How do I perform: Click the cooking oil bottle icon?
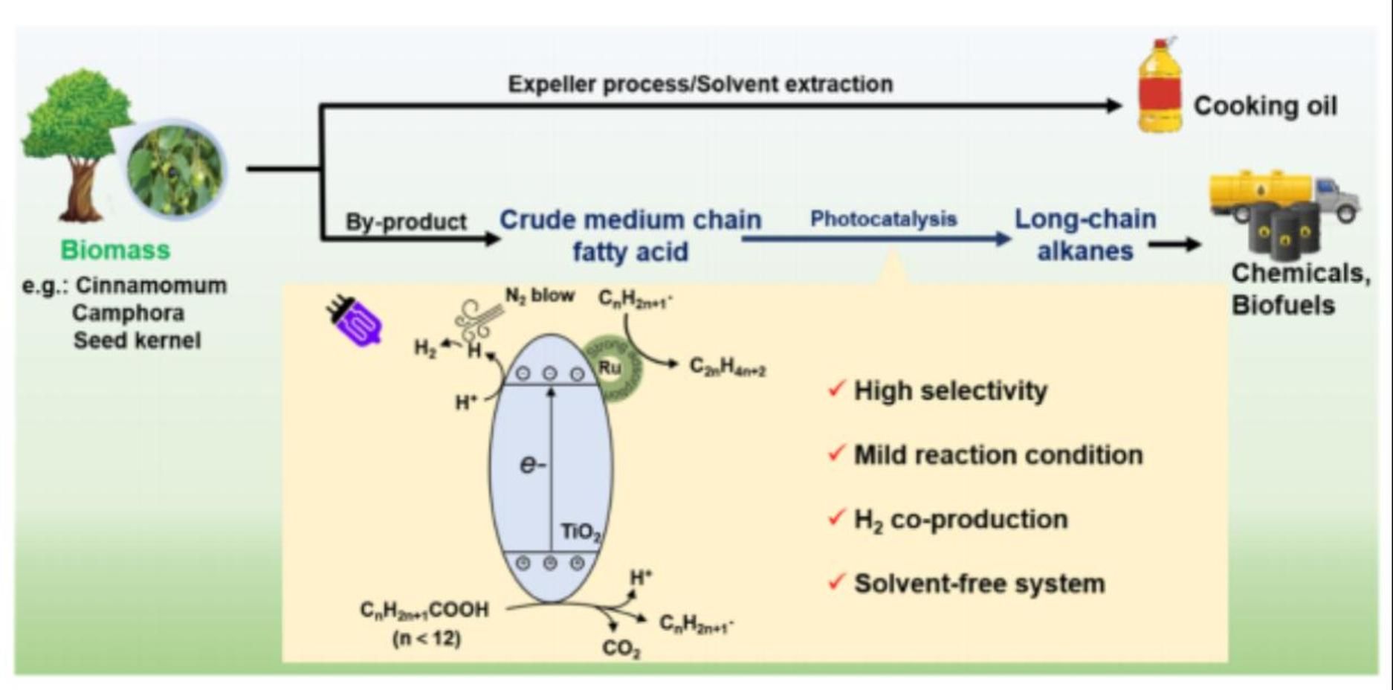1160,87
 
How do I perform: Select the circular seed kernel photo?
175,170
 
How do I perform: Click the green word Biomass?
115,250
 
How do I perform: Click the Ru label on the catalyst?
610,367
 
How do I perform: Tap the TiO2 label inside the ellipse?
581,532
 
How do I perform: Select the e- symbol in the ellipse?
532,465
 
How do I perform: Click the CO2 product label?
621,648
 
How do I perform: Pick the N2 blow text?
540,295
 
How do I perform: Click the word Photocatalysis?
883,219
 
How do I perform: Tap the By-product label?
406,222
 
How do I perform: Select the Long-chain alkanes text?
1085,235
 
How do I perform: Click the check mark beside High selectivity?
836,388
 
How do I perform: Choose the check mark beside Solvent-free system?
836,581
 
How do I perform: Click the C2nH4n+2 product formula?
727,367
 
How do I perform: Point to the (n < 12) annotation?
426,638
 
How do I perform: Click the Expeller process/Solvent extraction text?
700,84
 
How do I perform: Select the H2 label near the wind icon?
425,348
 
